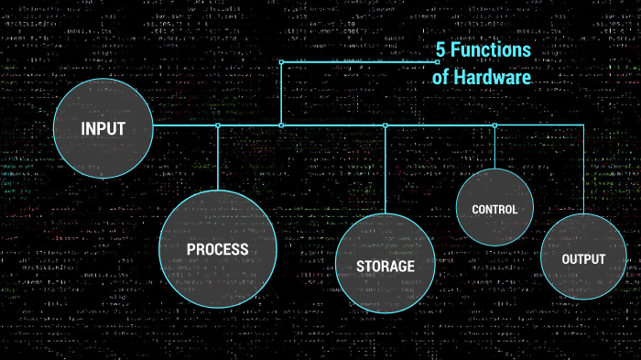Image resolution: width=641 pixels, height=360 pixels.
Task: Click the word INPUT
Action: (103, 129)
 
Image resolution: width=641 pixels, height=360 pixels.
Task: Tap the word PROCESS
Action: (217, 249)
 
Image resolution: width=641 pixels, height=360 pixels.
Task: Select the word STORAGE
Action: (385, 267)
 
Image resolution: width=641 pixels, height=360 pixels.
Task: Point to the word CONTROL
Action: (494, 210)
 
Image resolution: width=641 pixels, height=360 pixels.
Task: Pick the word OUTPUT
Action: (583, 259)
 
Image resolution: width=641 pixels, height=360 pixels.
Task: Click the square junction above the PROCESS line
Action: (218, 125)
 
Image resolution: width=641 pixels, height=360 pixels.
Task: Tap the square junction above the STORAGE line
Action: (386, 125)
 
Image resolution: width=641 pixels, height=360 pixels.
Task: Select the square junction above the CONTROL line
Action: (494, 125)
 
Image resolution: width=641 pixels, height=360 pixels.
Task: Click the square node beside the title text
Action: (439, 62)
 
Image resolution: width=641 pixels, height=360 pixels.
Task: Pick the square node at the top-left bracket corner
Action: (281, 62)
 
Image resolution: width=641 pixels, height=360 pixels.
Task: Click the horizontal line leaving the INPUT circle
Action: (183, 125)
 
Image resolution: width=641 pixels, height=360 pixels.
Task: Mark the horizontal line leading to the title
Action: (357, 62)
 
